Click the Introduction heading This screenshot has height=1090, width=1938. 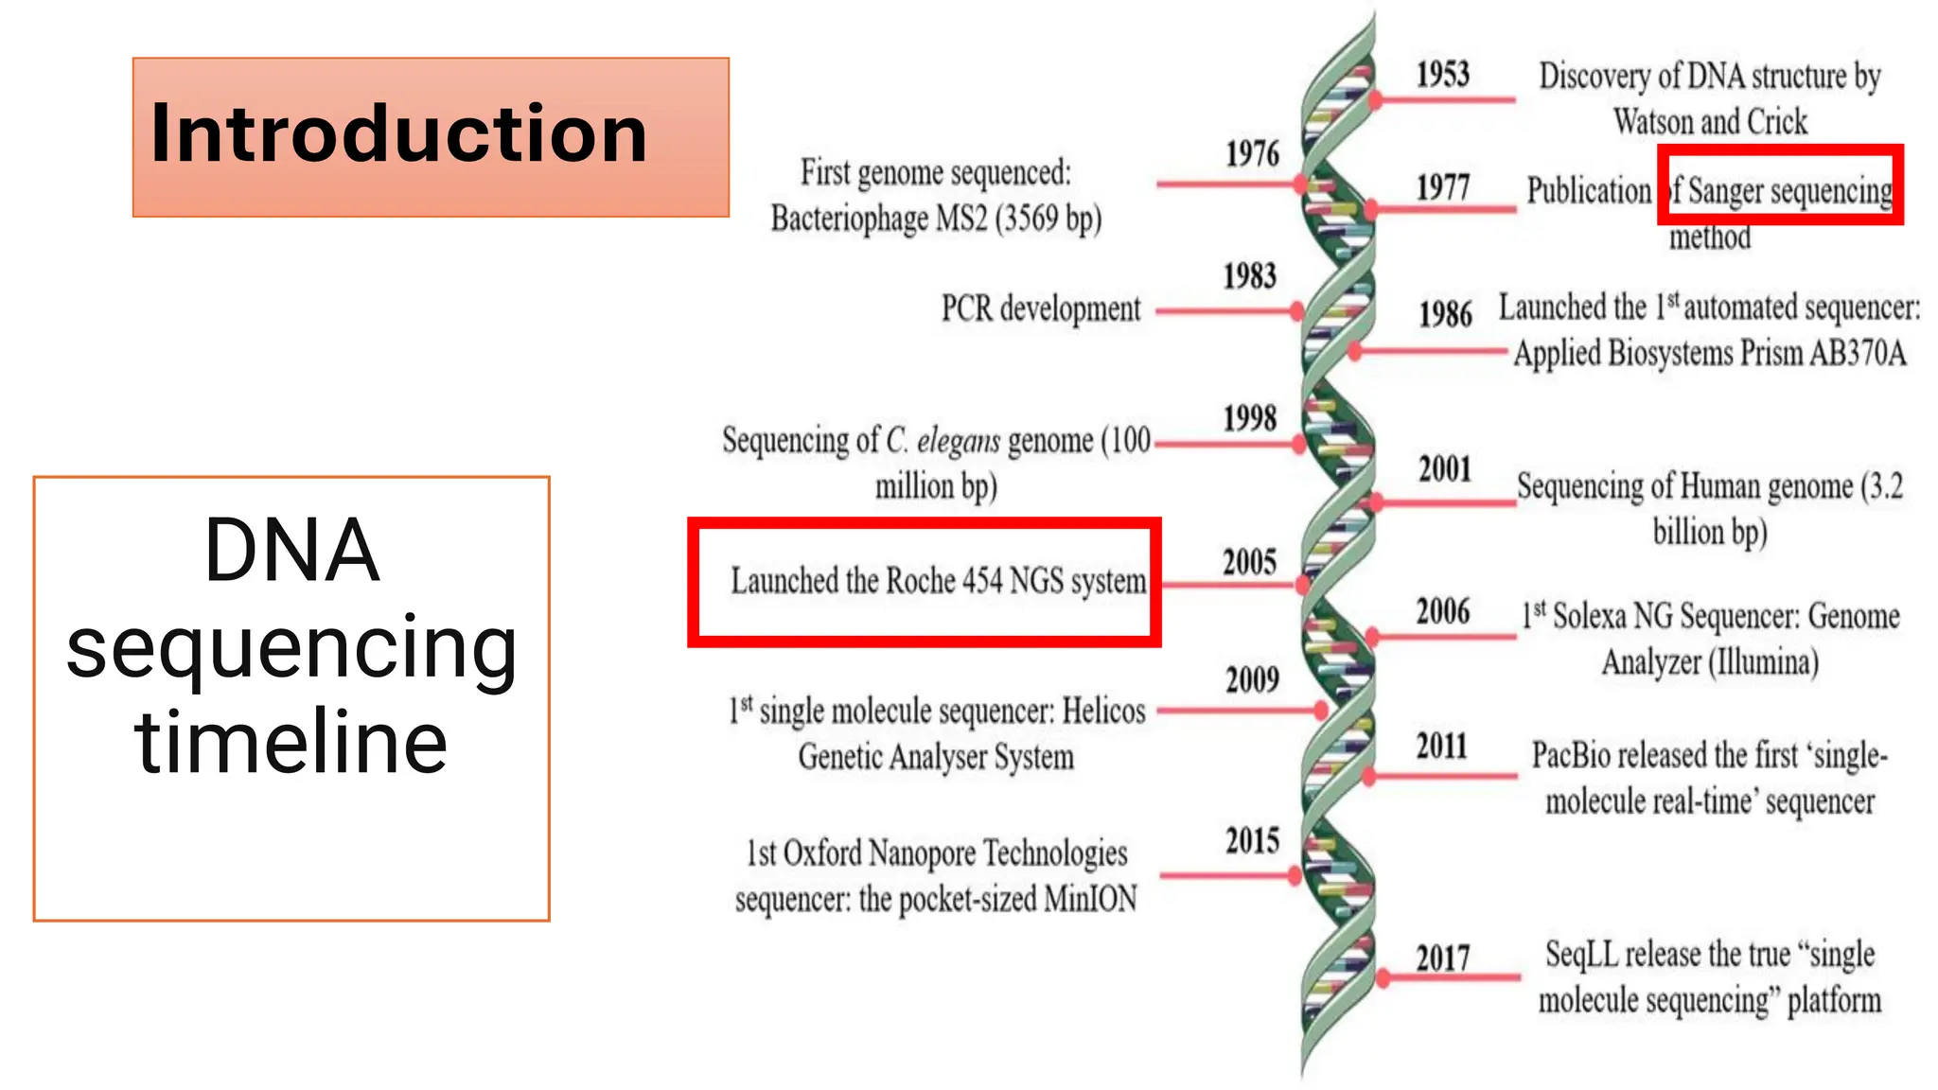point(398,133)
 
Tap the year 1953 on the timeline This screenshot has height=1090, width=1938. point(1442,75)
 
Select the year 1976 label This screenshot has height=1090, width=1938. point(1252,154)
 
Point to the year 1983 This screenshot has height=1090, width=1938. point(1250,276)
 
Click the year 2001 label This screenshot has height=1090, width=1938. point(1444,469)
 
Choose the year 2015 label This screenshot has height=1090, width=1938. point(1252,841)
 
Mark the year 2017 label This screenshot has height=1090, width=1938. point(1443,958)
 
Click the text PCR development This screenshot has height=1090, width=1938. point(1041,309)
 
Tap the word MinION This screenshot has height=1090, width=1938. point(1090,899)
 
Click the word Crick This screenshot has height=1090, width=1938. point(1776,122)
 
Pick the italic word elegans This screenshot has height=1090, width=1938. point(958,441)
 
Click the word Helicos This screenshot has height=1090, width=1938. point(1103,711)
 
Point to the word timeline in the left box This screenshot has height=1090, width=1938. point(291,742)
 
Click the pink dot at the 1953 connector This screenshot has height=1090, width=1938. point(1376,99)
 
